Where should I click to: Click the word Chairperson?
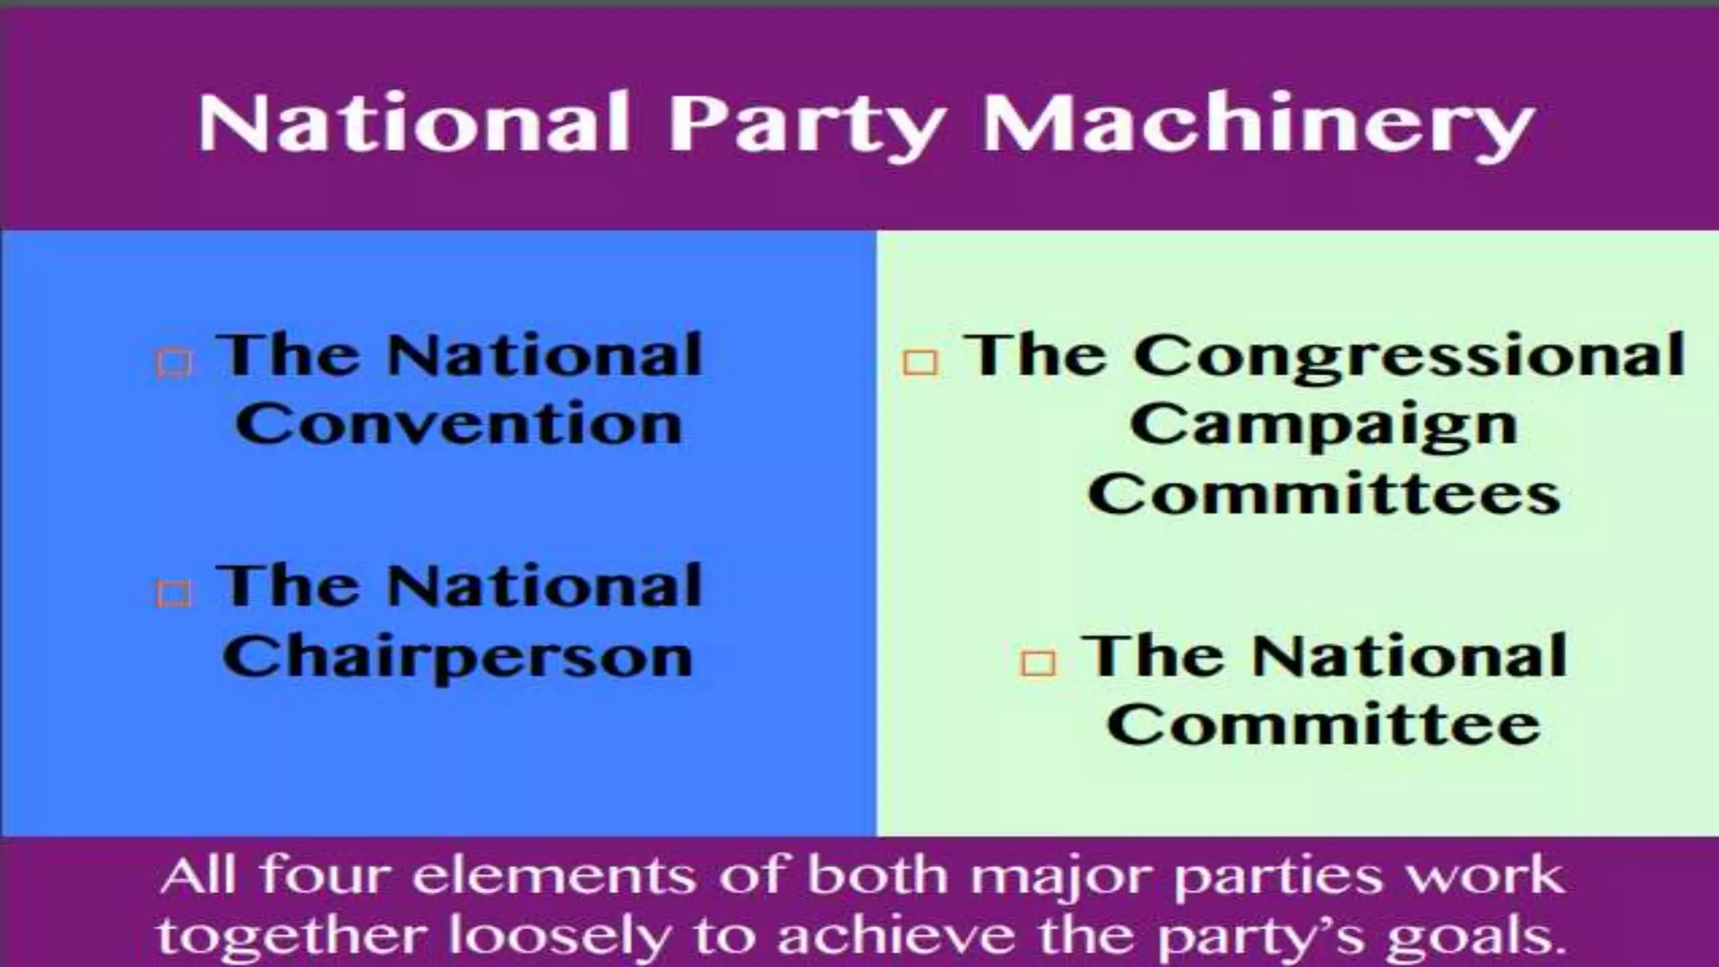point(458,657)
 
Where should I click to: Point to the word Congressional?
point(1409,357)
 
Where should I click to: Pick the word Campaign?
point(1324,426)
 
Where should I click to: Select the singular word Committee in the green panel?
point(1324,725)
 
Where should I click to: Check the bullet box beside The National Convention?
point(175,363)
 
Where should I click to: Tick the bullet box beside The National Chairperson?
point(174,593)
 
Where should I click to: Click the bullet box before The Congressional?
point(920,363)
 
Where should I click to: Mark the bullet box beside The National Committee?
point(1038,663)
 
